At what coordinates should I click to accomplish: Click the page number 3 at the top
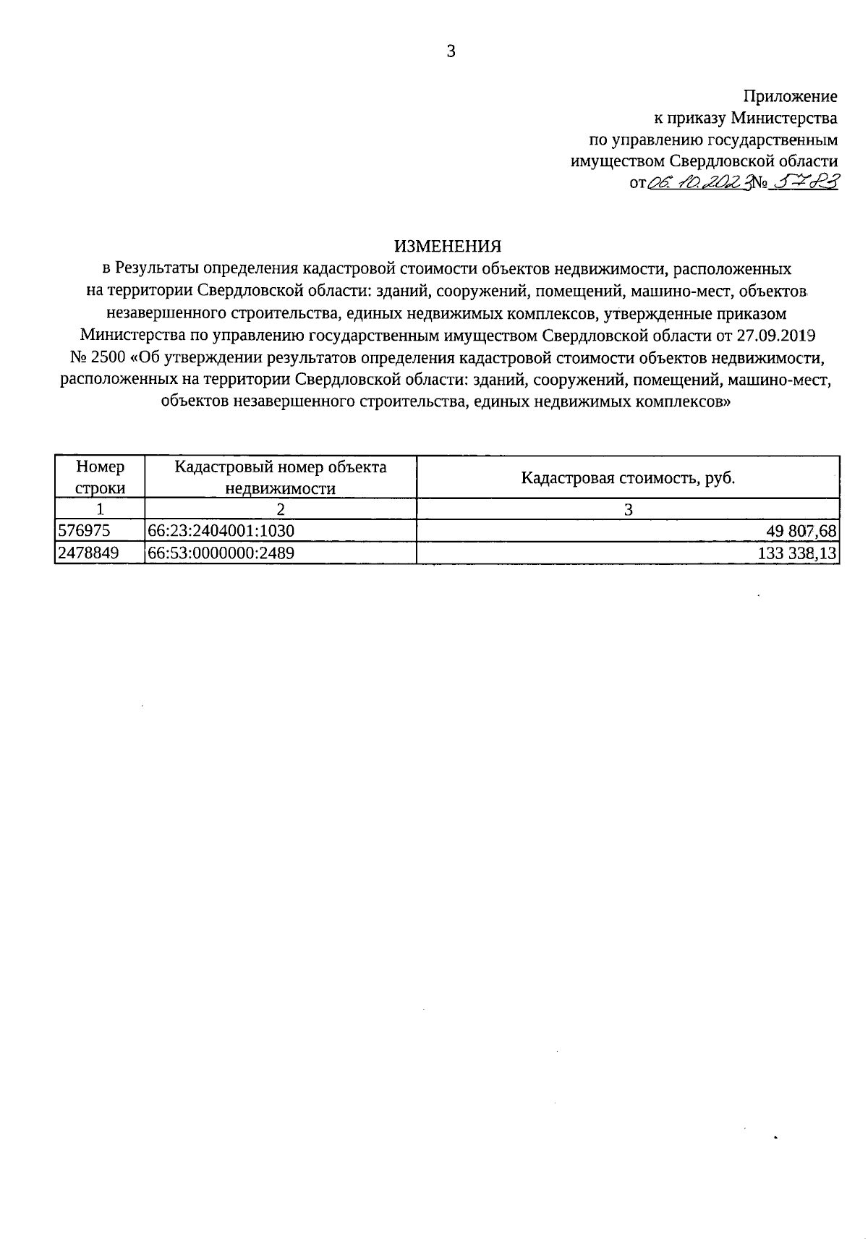point(451,51)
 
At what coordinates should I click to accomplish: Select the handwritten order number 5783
point(803,183)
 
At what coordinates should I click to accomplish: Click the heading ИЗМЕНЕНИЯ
point(447,247)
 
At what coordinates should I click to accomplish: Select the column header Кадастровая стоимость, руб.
point(628,478)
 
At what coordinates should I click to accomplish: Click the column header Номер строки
point(100,477)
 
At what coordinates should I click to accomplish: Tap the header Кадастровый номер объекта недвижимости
point(281,477)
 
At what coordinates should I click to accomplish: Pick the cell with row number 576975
point(84,531)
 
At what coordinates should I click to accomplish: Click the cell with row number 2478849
point(88,553)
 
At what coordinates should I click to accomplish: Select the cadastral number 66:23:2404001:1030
point(221,531)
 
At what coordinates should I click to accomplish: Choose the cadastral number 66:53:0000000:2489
point(221,553)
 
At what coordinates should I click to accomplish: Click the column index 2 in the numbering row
point(281,509)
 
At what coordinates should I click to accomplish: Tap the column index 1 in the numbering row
point(100,509)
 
